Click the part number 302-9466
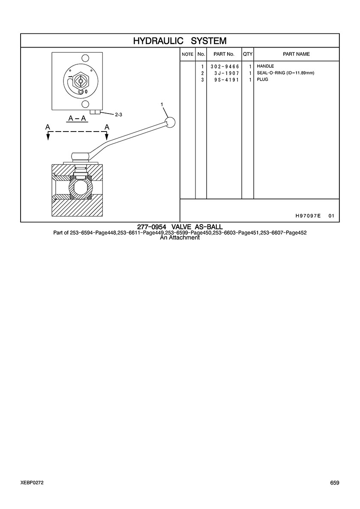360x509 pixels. point(225,66)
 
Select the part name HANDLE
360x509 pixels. point(265,66)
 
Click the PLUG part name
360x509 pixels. point(262,80)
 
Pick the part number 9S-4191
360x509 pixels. point(227,80)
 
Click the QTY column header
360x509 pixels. point(248,54)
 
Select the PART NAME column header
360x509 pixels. point(297,54)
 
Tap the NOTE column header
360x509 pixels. point(188,54)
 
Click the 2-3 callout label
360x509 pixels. point(118,114)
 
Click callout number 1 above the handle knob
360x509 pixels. point(162,104)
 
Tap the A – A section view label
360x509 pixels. point(78,119)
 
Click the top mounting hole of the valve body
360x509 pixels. point(85,58)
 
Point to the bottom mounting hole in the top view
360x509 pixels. point(85,104)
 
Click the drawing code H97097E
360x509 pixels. point(308,216)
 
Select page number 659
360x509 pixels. point(335,483)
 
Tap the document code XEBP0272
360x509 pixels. point(32,483)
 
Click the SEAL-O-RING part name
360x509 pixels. point(285,73)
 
